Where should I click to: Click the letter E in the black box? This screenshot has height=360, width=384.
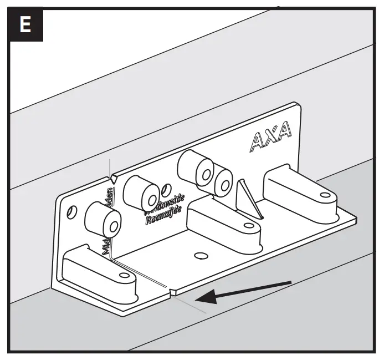coord(24,25)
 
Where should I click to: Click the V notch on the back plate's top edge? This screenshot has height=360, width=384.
coord(113,178)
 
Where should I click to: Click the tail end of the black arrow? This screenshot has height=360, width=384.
coord(290,283)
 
